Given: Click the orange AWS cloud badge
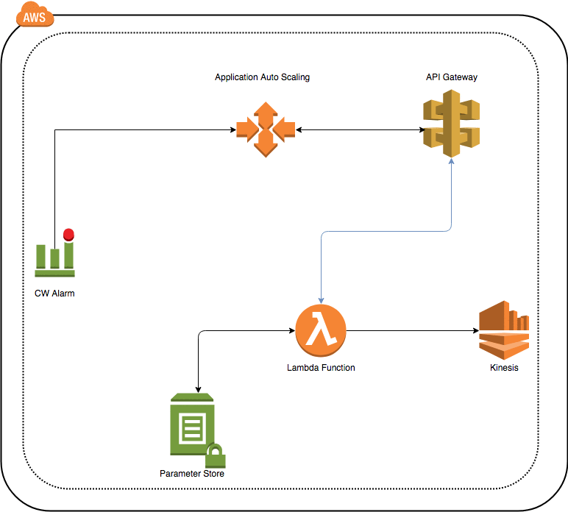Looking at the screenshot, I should click(x=32, y=15).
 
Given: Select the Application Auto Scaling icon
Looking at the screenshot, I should click(x=266, y=130).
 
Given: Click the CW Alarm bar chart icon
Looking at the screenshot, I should click(x=54, y=255).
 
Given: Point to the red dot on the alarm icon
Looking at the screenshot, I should click(x=68, y=235).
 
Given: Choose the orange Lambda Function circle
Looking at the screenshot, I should click(x=321, y=331).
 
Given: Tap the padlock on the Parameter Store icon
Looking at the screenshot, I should click(x=215, y=456).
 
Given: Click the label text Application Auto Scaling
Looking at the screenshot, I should click(x=262, y=77).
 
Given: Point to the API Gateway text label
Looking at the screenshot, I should click(x=451, y=77).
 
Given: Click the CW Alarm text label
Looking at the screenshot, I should click(x=54, y=294).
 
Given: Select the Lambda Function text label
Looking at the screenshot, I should click(x=321, y=367).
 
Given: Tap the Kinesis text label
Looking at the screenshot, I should click(x=504, y=368).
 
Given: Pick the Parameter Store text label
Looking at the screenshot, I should click(x=192, y=474).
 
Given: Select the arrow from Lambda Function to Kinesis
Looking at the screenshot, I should click(x=412, y=331).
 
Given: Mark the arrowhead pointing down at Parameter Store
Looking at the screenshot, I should click(x=199, y=388).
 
